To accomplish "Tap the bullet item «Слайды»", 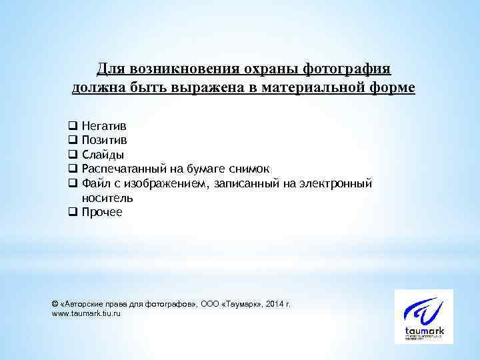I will (102, 154).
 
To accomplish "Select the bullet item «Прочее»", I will (102, 213).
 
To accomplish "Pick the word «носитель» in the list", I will (107, 198).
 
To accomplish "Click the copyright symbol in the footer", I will (55, 303).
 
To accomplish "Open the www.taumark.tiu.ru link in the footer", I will (87, 313).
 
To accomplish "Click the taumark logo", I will (423, 317).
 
